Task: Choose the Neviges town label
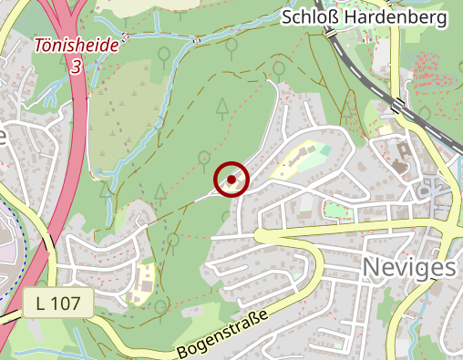click(x=409, y=266)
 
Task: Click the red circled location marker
click(x=231, y=180)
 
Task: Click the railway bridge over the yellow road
click(x=398, y=104)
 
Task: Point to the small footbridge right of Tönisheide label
click(x=124, y=38)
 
